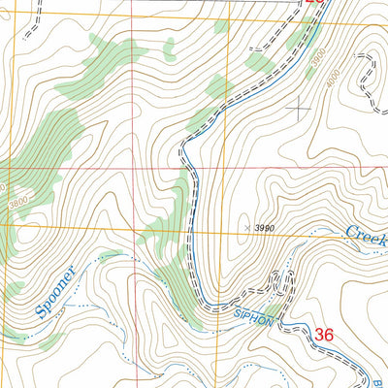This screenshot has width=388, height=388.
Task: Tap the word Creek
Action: pos(366,237)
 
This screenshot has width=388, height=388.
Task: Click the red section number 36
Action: pos(324,334)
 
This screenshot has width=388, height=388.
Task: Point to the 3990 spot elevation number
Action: pos(266,227)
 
